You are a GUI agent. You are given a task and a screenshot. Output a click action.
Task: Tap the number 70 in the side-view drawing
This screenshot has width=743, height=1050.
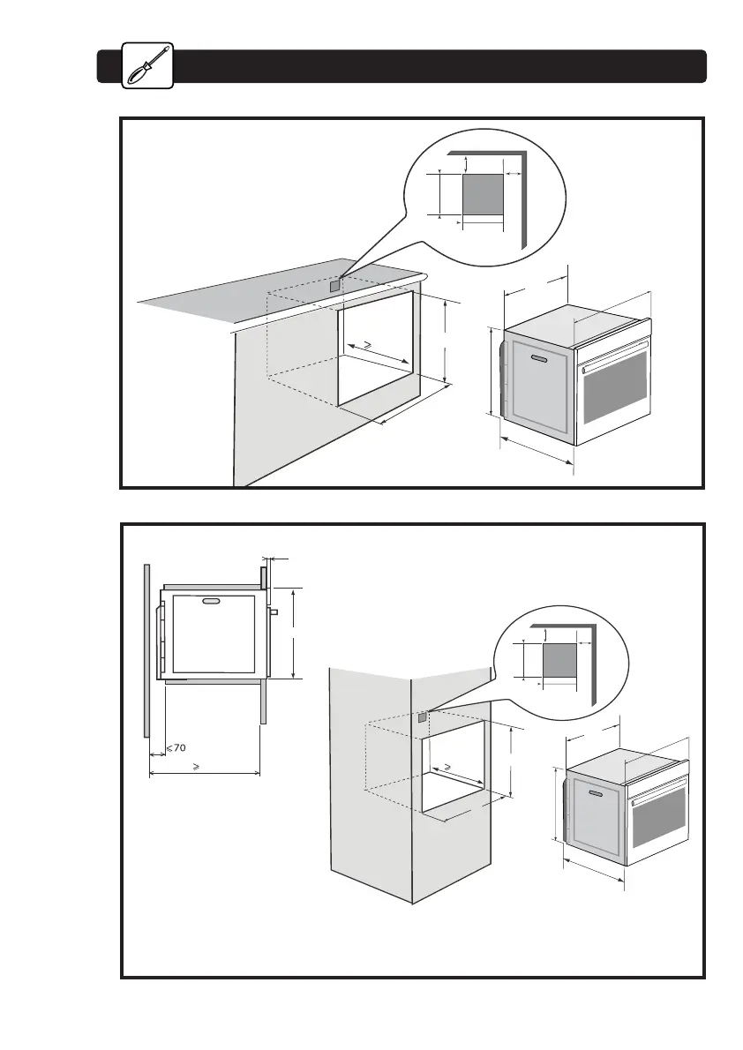(x=178, y=748)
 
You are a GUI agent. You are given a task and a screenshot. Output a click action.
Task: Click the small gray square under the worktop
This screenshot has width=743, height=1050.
(x=334, y=285)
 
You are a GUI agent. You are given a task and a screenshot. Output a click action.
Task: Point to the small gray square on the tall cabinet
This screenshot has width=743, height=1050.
(x=423, y=717)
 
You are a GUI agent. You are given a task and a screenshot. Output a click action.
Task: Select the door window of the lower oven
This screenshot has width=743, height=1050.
(x=658, y=825)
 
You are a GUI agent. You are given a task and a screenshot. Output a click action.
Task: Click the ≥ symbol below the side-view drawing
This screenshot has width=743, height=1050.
(x=196, y=767)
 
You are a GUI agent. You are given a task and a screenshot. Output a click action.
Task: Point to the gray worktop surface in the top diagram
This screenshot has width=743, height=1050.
(x=265, y=296)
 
